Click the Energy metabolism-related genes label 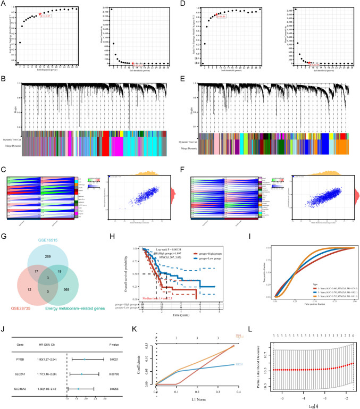88,322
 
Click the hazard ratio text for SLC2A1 50,374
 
